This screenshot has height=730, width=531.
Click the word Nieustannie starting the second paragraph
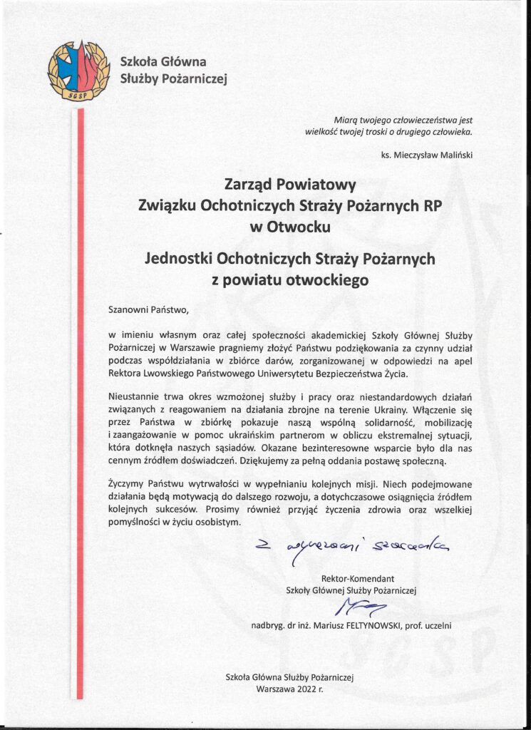[138, 396]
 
